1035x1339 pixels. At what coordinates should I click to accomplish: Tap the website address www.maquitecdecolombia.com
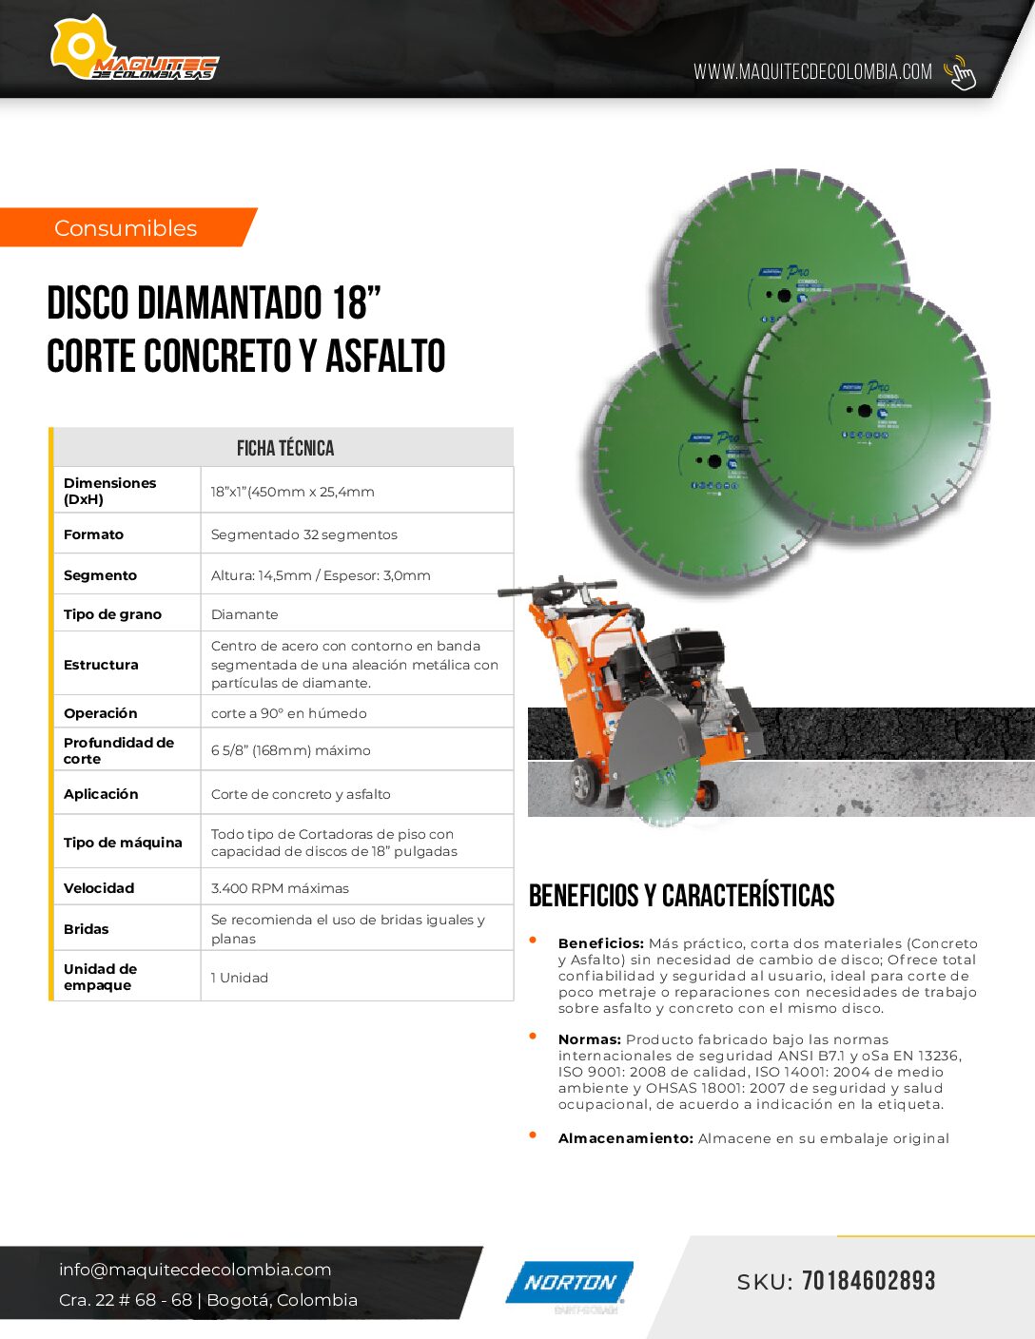coord(812,72)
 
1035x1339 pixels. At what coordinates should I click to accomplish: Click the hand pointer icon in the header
coord(960,72)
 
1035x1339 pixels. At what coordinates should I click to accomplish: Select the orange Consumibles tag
coord(126,228)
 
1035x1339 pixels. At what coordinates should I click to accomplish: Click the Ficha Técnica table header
coord(284,448)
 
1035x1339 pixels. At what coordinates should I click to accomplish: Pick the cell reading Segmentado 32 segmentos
coord(304,534)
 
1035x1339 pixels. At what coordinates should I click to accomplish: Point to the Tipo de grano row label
coord(112,614)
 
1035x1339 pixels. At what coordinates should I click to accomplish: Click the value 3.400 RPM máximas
coord(280,888)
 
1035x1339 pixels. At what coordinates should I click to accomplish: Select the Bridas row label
coord(87,929)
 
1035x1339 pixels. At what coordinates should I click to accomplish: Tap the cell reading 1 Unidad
coord(240,978)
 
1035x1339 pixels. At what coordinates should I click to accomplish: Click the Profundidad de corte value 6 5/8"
coord(291,750)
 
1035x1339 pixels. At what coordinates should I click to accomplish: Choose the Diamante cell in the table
coord(244,614)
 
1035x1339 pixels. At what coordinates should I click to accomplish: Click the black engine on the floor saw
coord(666,661)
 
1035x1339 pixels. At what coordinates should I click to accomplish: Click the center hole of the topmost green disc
coord(785,296)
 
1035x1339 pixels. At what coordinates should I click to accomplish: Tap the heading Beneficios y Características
coord(681,896)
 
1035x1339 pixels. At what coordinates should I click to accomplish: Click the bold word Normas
coord(590,1039)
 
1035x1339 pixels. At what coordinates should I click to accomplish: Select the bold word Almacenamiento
coord(625,1138)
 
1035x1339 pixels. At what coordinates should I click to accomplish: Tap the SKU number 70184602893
coord(869,1281)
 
